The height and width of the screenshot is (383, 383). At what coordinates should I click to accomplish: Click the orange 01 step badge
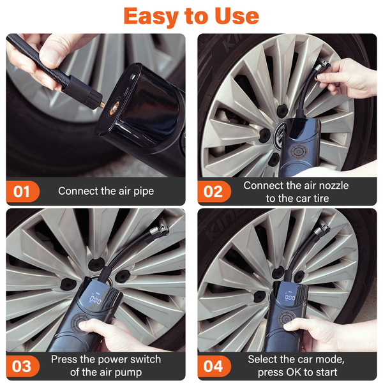click(x=22, y=191)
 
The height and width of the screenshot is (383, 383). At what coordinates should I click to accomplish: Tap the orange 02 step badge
click(x=214, y=191)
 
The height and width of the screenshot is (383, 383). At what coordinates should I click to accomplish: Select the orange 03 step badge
click(x=22, y=366)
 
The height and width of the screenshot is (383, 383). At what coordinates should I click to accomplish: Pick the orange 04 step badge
click(x=214, y=366)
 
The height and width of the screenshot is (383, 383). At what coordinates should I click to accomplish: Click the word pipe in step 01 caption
click(x=144, y=191)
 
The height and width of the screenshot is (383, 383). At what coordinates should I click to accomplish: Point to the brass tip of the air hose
click(x=103, y=105)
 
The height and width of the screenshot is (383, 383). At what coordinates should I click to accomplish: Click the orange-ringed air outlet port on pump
click(x=114, y=109)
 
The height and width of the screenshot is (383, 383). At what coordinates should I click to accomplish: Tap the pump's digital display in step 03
click(x=96, y=299)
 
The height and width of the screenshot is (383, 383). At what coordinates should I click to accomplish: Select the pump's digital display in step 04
click(x=290, y=297)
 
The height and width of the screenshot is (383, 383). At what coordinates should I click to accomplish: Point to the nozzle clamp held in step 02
click(x=322, y=68)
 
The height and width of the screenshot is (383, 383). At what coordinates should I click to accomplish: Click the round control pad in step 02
click(x=298, y=152)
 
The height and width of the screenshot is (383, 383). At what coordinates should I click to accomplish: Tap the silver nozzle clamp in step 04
click(x=322, y=228)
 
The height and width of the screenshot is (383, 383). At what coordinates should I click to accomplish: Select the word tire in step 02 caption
click(x=321, y=199)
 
